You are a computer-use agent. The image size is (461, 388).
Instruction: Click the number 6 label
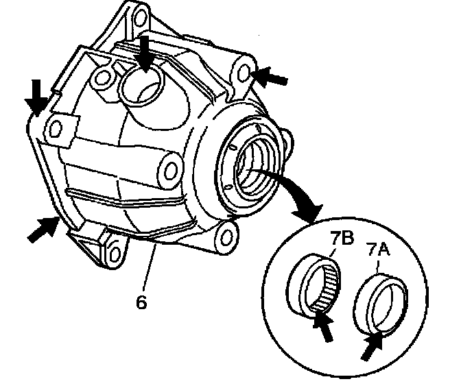click(x=141, y=302)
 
